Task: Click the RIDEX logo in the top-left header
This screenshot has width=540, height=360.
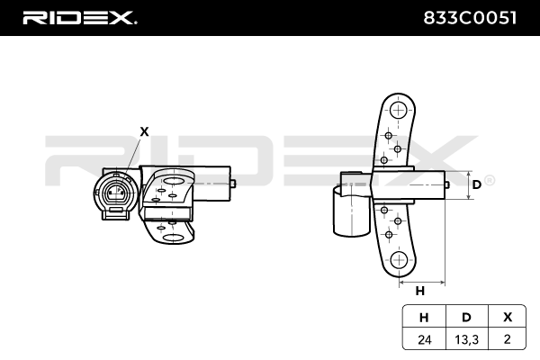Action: (78, 17)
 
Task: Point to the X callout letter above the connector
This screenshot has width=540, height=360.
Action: (144, 130)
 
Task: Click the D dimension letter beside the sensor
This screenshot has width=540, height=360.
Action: (476, 184)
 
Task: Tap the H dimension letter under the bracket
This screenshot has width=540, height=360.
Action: (419, 291)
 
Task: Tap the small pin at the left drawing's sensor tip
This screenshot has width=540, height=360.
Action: (233, 184)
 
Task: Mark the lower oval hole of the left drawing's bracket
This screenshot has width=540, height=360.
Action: (174, 238)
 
